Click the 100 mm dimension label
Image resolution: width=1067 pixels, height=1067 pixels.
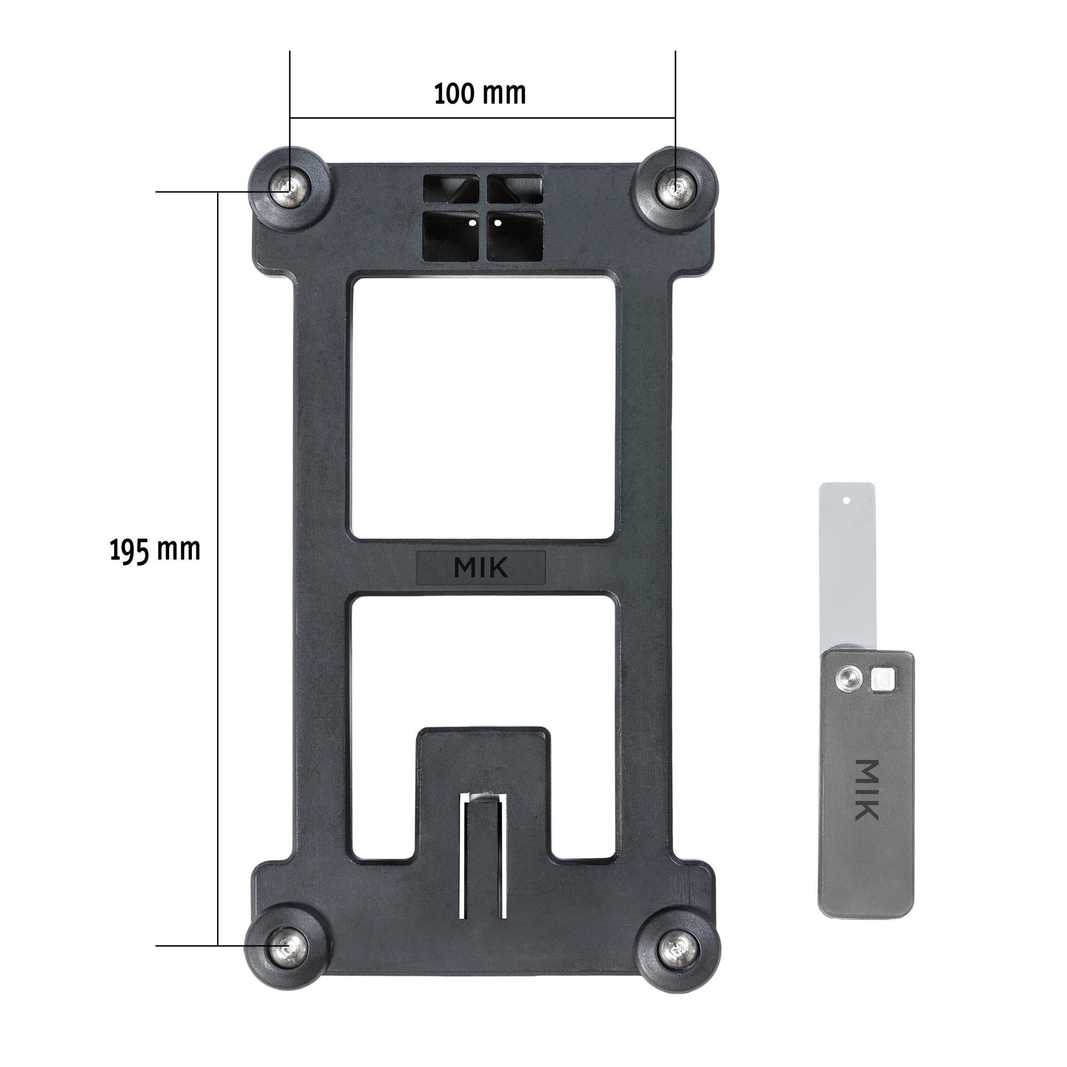coord(479,94)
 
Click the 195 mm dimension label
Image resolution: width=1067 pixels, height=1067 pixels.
coord(155,550)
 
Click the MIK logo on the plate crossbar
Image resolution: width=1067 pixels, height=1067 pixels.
coord(481,567)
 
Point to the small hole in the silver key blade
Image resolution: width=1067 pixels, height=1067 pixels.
coord(847,502)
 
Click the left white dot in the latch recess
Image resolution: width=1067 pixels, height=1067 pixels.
coord(471,224)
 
